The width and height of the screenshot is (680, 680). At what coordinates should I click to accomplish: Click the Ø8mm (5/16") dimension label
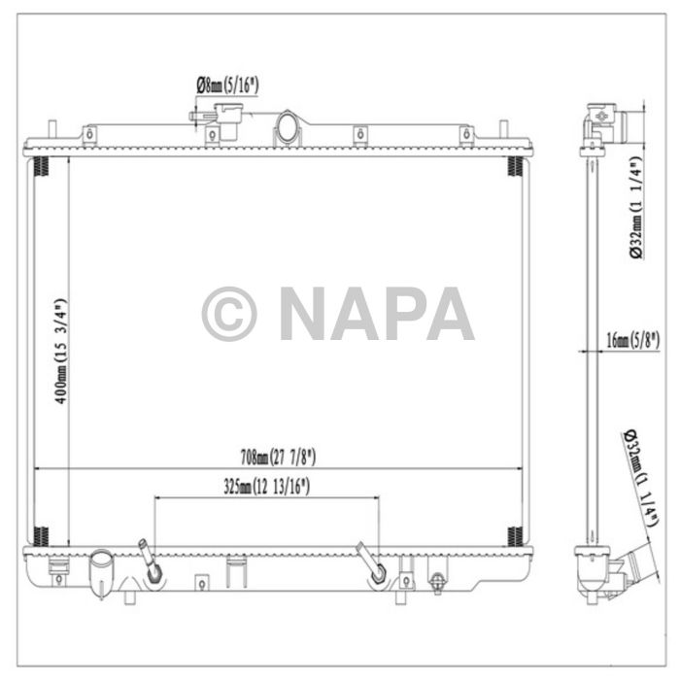tap(227, 85)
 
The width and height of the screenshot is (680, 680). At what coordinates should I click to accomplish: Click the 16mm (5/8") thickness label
tap(632, 339)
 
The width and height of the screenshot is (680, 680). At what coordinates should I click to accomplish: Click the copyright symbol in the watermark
tap(229, 314)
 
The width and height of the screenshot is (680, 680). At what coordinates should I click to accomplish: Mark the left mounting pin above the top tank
tap(51, 130)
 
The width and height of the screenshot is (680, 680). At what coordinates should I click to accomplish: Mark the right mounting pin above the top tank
tap(503, 130)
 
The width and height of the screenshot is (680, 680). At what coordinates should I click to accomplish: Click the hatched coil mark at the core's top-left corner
tap(42, 167)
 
